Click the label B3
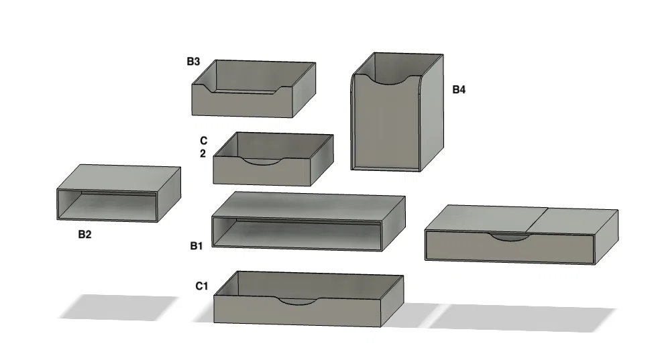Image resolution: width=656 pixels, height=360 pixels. [193, 62]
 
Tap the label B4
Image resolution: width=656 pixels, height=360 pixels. [459, 89]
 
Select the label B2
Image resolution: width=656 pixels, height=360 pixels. [85, 235]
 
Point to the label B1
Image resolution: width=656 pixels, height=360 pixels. [197, 246]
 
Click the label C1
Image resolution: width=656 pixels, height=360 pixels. [202, 286]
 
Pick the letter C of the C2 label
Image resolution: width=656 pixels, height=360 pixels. [204, 141]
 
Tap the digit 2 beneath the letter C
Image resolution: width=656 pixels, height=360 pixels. [203, 154]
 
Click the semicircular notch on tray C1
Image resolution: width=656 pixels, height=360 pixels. [298, 301]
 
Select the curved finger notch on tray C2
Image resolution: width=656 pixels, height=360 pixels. [263, 162]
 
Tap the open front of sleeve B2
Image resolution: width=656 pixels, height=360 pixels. [107, 205]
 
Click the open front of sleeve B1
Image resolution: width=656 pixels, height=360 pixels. [297, 233]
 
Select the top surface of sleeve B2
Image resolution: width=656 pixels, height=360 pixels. [119, 178]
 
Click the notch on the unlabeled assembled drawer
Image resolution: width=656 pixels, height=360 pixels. [509, 238]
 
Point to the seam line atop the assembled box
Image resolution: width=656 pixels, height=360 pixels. [537, 219]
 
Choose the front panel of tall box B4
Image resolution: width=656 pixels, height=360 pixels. [386, 123]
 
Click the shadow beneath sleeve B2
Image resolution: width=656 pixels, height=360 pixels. [119, 308]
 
